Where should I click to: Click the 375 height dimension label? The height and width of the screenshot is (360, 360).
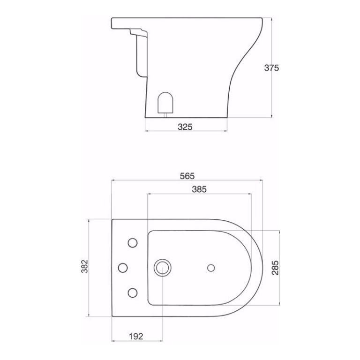point(271,67)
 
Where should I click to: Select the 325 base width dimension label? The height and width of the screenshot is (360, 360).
point(186,127)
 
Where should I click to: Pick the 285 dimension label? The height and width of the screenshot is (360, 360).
point(275,268)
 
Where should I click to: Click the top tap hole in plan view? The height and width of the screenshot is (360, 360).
point(133,243)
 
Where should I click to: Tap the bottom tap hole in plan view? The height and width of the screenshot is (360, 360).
point(133,292)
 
